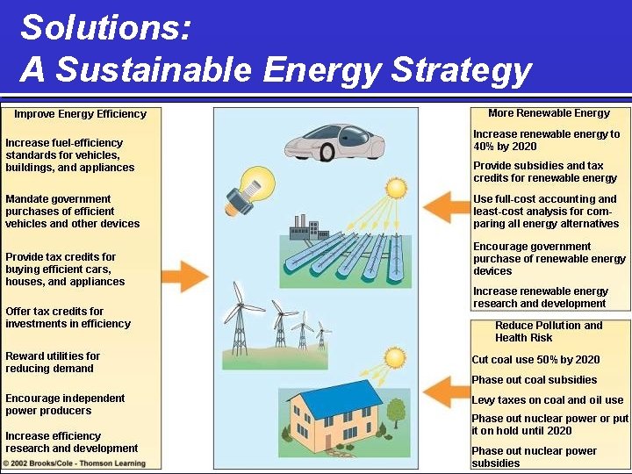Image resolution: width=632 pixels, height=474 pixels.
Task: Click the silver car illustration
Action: tap(334, 140)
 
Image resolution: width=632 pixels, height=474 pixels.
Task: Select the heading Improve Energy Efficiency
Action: tap(80, 114)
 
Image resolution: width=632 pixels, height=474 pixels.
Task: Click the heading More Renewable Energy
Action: tap(549, 113)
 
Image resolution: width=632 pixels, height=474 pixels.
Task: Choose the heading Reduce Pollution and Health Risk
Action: tap(549, 331)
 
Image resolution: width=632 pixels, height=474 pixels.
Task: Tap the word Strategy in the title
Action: tap(461, 68)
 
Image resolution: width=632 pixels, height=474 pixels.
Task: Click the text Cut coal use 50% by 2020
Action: tap(535, 360)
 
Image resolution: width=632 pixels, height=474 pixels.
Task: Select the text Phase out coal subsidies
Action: tap(534, 380)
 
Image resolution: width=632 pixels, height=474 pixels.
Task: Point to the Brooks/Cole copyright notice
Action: tap(74, 463)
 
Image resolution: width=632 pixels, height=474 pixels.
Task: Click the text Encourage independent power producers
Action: tap(65, 404)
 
